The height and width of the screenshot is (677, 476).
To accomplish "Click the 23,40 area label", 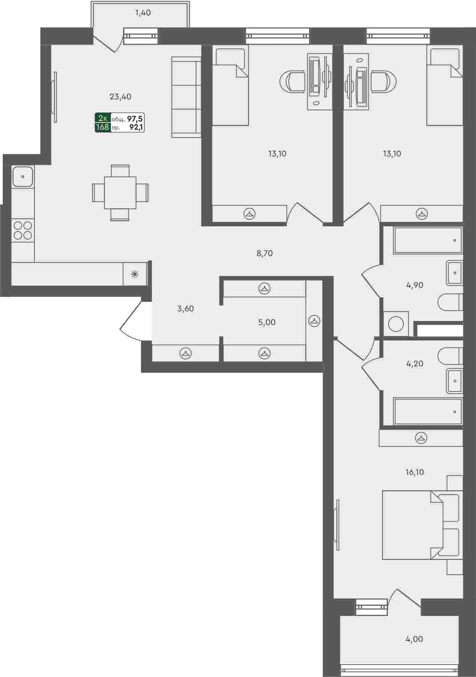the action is (x=121, y=97).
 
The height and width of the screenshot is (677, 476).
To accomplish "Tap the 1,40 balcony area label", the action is (x=143, y=13).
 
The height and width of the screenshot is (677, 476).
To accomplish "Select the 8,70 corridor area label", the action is (x=265, y=254).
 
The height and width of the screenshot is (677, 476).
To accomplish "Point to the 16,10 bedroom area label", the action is (x=415, y=472).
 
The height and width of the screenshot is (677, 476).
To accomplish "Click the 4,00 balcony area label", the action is (x=415, y=639).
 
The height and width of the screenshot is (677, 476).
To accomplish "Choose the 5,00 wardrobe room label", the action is (x=267, y=322).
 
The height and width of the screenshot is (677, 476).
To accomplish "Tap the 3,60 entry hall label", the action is (x=185, y=309).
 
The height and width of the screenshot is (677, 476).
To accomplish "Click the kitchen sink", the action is (x=23, y=177).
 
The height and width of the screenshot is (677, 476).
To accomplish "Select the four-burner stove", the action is (x=23, y=230).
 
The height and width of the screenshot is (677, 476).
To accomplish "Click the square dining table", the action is (x=120, y=193).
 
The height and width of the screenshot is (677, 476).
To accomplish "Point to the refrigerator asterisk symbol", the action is (x=135, y=273).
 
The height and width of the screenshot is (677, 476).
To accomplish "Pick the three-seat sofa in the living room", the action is (x=186, y=97).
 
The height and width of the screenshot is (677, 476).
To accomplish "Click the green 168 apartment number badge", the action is (x=102, y=128).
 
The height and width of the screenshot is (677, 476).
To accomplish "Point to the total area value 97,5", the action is (x=135, y=119).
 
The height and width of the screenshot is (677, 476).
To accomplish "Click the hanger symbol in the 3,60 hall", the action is (x=185, y=353).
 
